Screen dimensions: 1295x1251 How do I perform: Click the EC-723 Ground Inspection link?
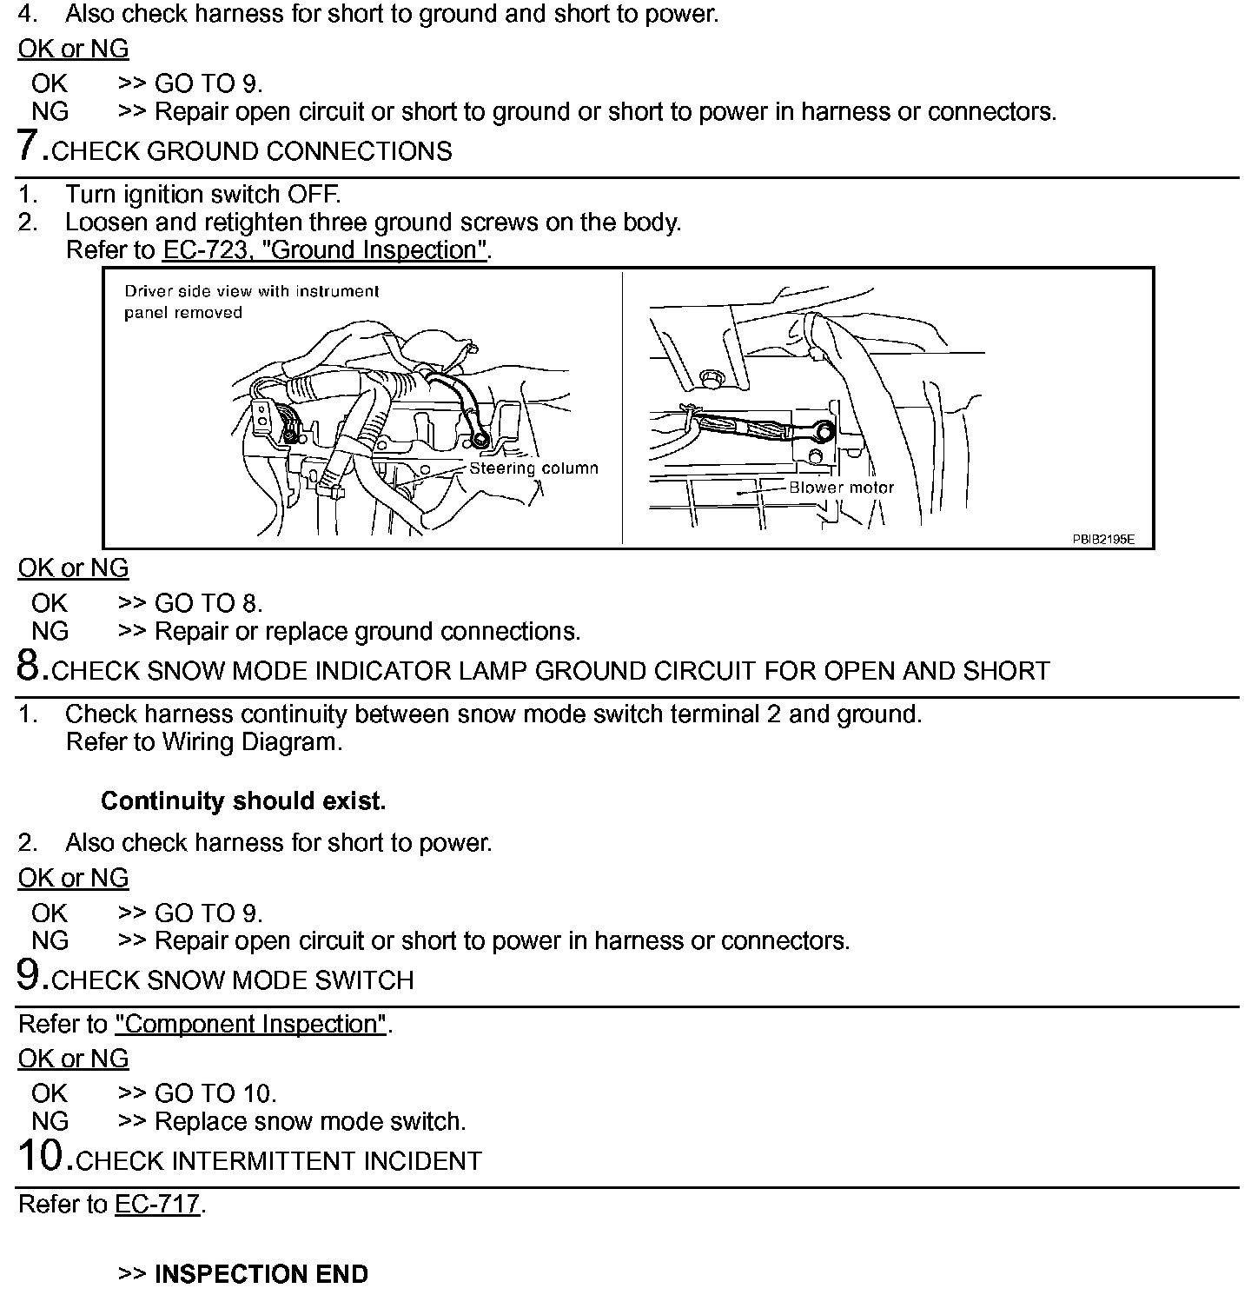(x=325, y=250)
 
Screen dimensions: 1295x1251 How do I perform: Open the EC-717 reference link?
(x=157, y=1205)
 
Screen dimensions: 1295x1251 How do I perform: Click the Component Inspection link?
(x=250, y=1024)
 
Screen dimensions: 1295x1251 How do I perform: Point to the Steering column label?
(x=533, y=468)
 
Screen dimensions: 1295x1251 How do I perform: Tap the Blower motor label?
(x=841, y=488)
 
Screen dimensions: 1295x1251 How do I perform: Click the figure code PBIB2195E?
(x=1102, y=539)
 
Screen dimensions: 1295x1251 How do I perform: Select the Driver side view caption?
(x=251, y=302)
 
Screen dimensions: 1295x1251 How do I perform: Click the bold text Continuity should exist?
(x=243, y=800)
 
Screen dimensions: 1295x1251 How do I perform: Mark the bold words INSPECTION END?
(x=261, y=1274)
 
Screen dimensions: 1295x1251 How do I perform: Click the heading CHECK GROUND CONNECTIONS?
(x=252, y=151)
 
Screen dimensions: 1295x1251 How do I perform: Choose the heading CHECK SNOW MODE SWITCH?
(x=233, y=980)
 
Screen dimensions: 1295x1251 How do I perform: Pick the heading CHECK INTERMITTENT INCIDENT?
(x=279, y=1161)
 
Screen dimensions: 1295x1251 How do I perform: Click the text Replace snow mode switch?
(x=309, y=1121)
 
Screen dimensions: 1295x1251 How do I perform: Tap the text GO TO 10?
(x=215, y=1093)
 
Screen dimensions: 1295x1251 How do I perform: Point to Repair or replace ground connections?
(x=367, y=631)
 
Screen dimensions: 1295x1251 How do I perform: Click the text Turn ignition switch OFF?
(x=202, y=194)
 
